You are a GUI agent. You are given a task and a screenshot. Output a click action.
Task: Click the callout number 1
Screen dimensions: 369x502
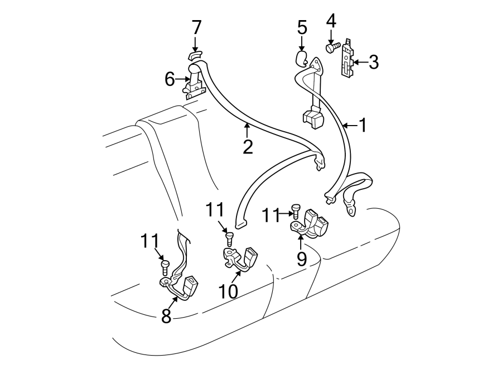[x=363, y=126]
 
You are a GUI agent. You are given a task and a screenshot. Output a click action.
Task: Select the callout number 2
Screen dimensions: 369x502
[x=247, y=147]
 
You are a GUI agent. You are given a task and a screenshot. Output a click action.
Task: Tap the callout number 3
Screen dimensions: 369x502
[x=373, y=62]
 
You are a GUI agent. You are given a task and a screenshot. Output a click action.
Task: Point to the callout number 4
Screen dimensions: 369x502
[x=331, y=22]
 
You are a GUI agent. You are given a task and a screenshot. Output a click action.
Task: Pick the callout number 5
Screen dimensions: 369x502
[x=302, y=27]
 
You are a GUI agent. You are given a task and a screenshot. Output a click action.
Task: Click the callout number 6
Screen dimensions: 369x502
[x=170, y=80]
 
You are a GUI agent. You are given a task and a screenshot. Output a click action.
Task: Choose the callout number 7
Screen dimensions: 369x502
[x=196, y=27]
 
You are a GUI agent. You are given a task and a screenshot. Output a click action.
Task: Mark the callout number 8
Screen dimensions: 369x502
[x=166, y=316]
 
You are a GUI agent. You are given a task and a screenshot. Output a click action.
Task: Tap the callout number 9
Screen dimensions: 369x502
[x=301, y=258]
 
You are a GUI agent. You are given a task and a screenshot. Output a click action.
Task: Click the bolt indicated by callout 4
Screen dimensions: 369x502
[x=330, y=49]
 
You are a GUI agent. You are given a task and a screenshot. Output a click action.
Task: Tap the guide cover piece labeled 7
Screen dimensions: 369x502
[x=194, y=55]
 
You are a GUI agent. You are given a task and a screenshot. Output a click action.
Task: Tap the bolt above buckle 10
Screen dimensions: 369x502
[x=229, y=239]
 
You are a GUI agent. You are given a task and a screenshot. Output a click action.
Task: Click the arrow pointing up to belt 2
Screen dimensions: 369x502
[x=247, y=131]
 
